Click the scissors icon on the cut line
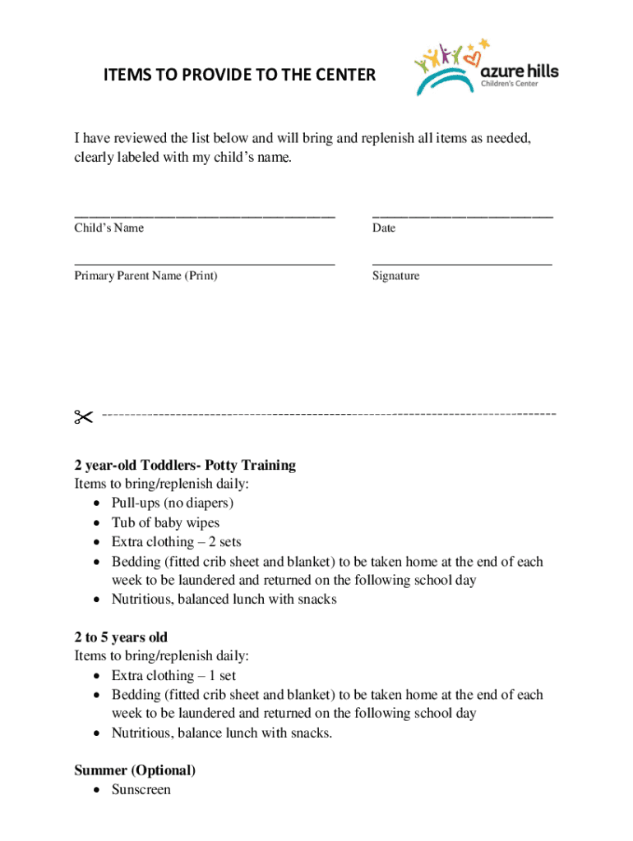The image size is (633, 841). point(83,417)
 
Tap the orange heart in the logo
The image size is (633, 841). point(472,58)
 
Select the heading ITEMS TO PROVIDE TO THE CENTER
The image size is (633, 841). point(239,76)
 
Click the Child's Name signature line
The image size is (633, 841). point(205,216)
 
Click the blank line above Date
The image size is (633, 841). point(462,216)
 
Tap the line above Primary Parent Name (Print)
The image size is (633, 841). point(205,264)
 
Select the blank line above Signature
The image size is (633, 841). point(462,264)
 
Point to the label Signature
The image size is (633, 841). point(395,276)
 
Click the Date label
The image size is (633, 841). point(383,227)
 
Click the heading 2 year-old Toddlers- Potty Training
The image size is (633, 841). point(185,465)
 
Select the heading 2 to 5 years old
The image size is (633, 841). point(121,637)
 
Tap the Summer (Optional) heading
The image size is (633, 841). point(135,770)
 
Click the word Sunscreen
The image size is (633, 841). point(141,789)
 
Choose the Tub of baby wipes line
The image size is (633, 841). point(165,522)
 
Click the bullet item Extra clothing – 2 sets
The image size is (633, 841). point(176,542)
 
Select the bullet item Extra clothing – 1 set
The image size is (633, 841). point(173,676)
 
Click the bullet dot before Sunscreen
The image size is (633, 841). point(98,790)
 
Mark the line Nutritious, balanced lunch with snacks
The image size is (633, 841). point(224,600)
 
